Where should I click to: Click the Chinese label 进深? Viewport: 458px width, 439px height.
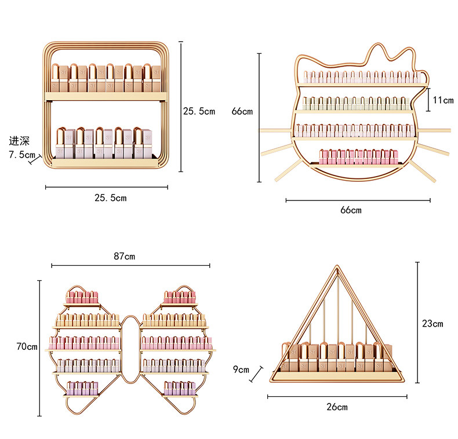coord(19,141)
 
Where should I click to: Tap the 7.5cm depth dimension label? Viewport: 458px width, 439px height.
coord(22,154)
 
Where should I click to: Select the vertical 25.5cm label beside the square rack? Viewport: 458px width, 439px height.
coord(199,111)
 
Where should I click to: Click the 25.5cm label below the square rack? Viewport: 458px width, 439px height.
coord(110,198)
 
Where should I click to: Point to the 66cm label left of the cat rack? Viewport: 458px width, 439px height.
coord(242,111)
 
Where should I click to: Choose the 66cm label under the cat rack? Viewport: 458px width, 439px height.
coord(351,210)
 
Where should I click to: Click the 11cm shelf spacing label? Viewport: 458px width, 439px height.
coord(443,100)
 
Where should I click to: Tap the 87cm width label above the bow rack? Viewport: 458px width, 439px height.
coord(125,257)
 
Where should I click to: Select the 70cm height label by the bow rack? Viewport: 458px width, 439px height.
coord(27,346)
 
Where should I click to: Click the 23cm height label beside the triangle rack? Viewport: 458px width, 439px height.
coord(432,323)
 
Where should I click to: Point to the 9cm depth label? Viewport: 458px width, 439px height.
coord(241,370)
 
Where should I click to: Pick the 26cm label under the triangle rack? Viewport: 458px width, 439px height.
coord(337,407)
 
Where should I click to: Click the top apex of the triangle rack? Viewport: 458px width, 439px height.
coord(337,266)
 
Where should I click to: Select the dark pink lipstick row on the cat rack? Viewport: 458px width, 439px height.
coord(358,157)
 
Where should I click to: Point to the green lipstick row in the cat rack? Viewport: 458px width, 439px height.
coord(356,104)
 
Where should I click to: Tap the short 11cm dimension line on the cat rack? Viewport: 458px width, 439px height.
coord(428,100)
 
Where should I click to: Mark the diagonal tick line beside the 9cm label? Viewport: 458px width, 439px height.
coord(256,374)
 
